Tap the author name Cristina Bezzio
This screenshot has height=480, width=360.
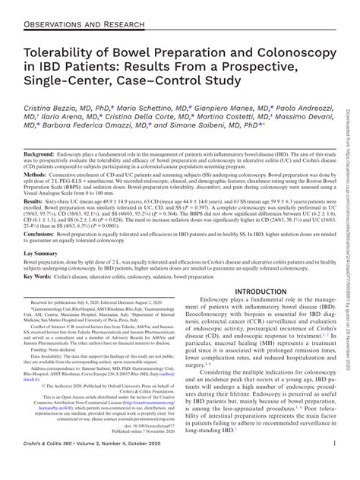pyautogui.click(x=62, y=111)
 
